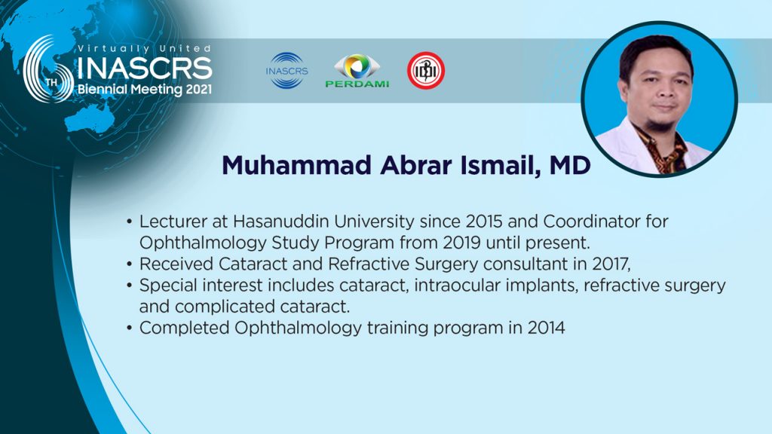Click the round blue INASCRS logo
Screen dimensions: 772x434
pyautogui.click(x=286, y=70)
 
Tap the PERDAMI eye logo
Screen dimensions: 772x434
pyautogui.click(x=357, y=70)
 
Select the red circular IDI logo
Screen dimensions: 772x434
pyautogui.click(x=426, y=70)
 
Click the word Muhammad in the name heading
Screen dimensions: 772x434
pyautogui.click(x=296, y=165)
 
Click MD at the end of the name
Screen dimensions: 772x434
pyautogui.click(x=570, y=165)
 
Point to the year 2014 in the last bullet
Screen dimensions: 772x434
pyautogui.click(x=547, y=328)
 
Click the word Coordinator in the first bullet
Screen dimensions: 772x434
pyautogui.click(x=590, y=222)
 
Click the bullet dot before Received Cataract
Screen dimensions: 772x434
pyautogui.click(x=129, y=264)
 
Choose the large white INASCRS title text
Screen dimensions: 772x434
pyautogui.click(x=145, y=69)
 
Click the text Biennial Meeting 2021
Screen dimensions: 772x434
pyautogui.click(x=145, y=90)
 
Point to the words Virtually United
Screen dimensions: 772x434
pyautogui.click(x=145, y=48)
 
